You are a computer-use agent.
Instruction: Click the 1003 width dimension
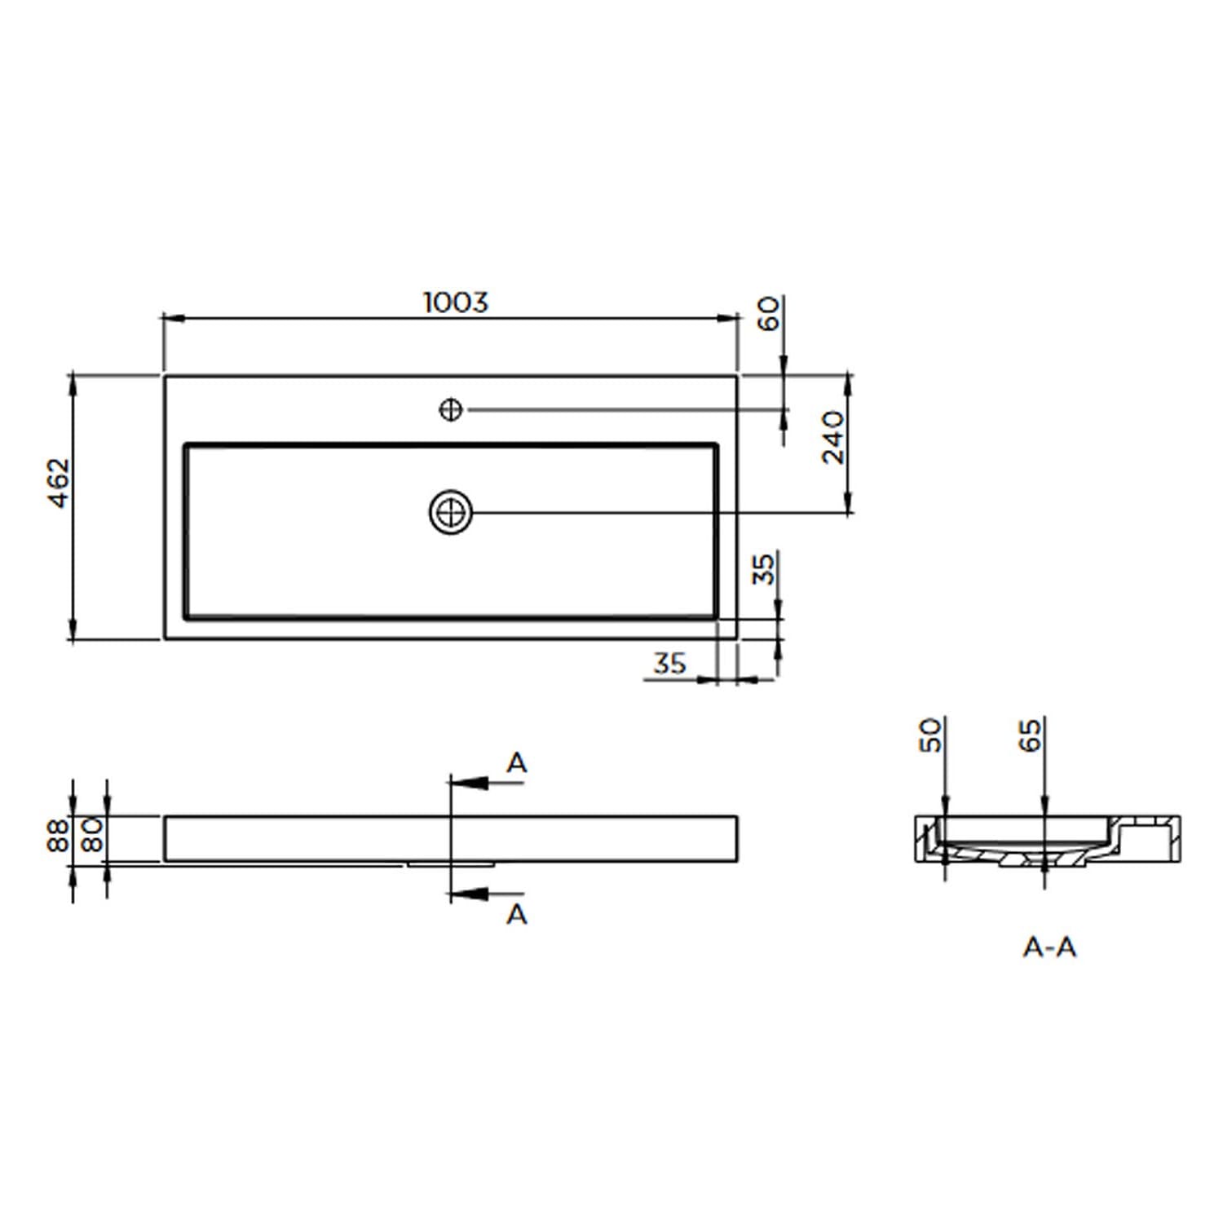pos(456,302)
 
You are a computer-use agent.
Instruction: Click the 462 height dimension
pos(60,483)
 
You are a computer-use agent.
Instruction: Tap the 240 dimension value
pos(833,438)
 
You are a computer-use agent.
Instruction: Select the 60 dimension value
pos(768,313)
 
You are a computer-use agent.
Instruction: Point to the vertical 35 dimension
pos(764,569)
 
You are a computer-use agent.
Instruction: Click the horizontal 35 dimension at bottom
pos(669,664)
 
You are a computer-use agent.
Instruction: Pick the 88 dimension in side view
pos(59,836)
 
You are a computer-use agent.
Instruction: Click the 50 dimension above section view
pos(930,735)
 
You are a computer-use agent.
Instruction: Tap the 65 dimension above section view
pos(1031,735)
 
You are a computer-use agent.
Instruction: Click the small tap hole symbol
pos(451,409)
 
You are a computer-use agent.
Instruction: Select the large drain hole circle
pos(451,513)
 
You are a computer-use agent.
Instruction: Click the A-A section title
pos(1050,947)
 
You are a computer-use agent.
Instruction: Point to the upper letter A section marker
pos(517,763)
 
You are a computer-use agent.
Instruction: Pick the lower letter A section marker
pos(517,915)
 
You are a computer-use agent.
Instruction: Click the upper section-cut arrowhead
pos(469,784)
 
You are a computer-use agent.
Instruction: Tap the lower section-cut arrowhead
pos(469,894)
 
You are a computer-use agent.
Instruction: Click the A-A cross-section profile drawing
pos(1048,840)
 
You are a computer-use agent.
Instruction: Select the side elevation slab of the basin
pos(451,838)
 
